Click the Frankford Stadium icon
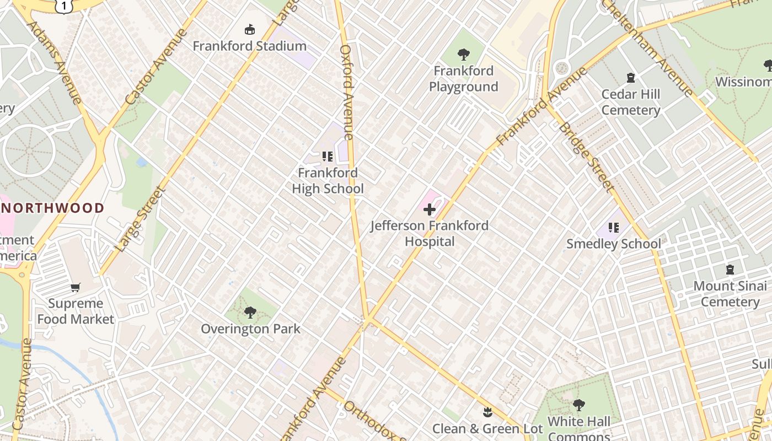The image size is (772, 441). [x=250, y=29]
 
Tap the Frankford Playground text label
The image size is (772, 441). [x=463, y=79]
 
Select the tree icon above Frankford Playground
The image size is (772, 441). [x=463, y=54]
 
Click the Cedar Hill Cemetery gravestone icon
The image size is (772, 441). [x=631, y=78]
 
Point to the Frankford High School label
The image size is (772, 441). [x=328, y=181]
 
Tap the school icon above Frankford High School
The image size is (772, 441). [x=328, y=157]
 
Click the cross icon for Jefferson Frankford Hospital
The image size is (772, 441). [x=429, y=209]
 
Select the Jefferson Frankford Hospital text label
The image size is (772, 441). [x=429, y=233]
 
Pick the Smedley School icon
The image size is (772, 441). [x=614, y=227]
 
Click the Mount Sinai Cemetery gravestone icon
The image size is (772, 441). [x=730, y=270]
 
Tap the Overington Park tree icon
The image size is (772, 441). [x=250, y=313]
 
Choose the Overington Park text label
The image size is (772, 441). [x=250, y=329]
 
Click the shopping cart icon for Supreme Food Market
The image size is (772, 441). [x=76, y=287]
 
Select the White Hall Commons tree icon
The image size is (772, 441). [x=578, y=405]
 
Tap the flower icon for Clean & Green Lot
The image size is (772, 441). [x=487, y=412]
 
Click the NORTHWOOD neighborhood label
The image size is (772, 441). [x=52, y=208]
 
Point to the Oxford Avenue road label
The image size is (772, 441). [x=346, y=92]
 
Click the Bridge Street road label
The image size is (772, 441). [x=586, y=158]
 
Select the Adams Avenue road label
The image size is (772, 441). [x=54, y=62]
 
